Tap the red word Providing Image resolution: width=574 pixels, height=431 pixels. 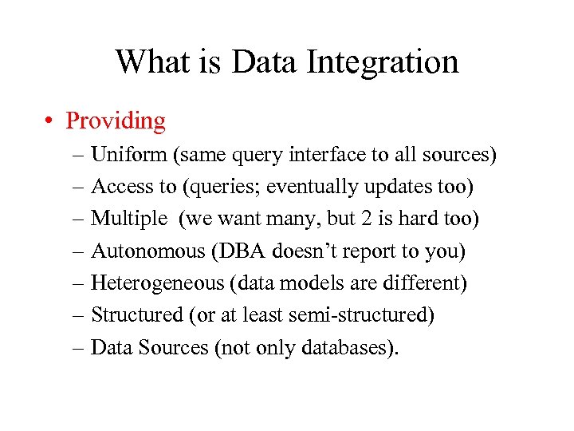click(x=116, y=121)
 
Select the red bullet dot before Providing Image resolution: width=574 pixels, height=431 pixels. click(x=49, y=121)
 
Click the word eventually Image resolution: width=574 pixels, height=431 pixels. click(x=306, y=187)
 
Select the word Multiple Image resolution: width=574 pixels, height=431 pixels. click(x=129, y=219)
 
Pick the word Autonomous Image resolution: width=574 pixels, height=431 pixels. click(x=148, y=251)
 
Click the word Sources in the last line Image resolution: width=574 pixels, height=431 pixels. click(x=171, y=347)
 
